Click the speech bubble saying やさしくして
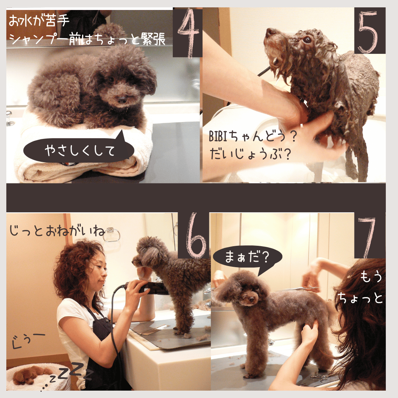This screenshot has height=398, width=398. [x=79, y=149]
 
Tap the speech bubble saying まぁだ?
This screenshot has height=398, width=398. [x=247, y=258]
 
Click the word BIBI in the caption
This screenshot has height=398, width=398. [x=217, y=136]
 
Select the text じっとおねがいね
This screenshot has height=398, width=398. [x=57, y=231]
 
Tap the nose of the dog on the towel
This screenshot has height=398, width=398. [x=122, y=100]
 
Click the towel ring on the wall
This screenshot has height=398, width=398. [x=112, y=235]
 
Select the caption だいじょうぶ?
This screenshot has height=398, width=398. [x=250, y=154]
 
